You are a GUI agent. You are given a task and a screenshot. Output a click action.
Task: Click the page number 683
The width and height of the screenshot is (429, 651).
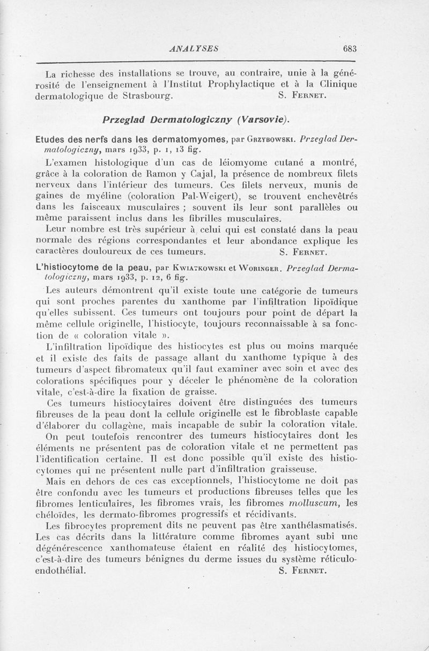349,48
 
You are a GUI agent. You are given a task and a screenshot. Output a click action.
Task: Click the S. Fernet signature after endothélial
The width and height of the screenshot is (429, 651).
303,571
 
